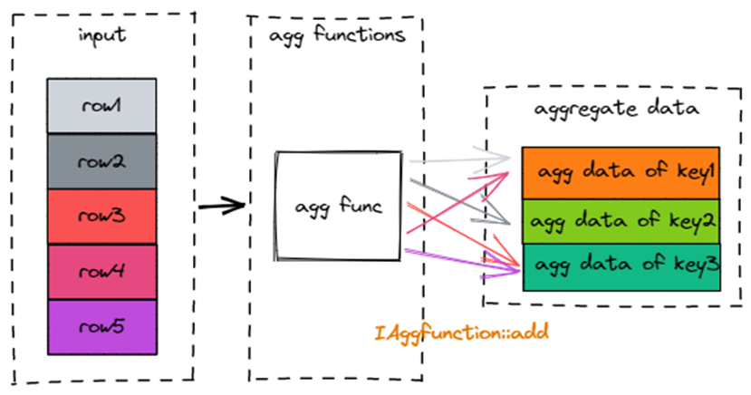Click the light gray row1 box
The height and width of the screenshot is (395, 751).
(101, 106)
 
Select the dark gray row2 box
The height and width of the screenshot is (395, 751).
(101, 161)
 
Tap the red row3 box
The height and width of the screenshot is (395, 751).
(101, 217)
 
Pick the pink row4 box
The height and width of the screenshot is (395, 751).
(101, 272)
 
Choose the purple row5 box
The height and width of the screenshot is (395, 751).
(101, 327)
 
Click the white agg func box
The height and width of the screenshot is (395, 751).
(338, 207)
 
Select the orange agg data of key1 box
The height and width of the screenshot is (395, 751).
(621, 172)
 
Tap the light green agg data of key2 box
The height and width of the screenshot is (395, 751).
(621, 221)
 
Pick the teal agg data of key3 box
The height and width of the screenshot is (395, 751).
(621, 266)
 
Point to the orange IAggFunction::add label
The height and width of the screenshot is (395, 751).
(462, 332)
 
